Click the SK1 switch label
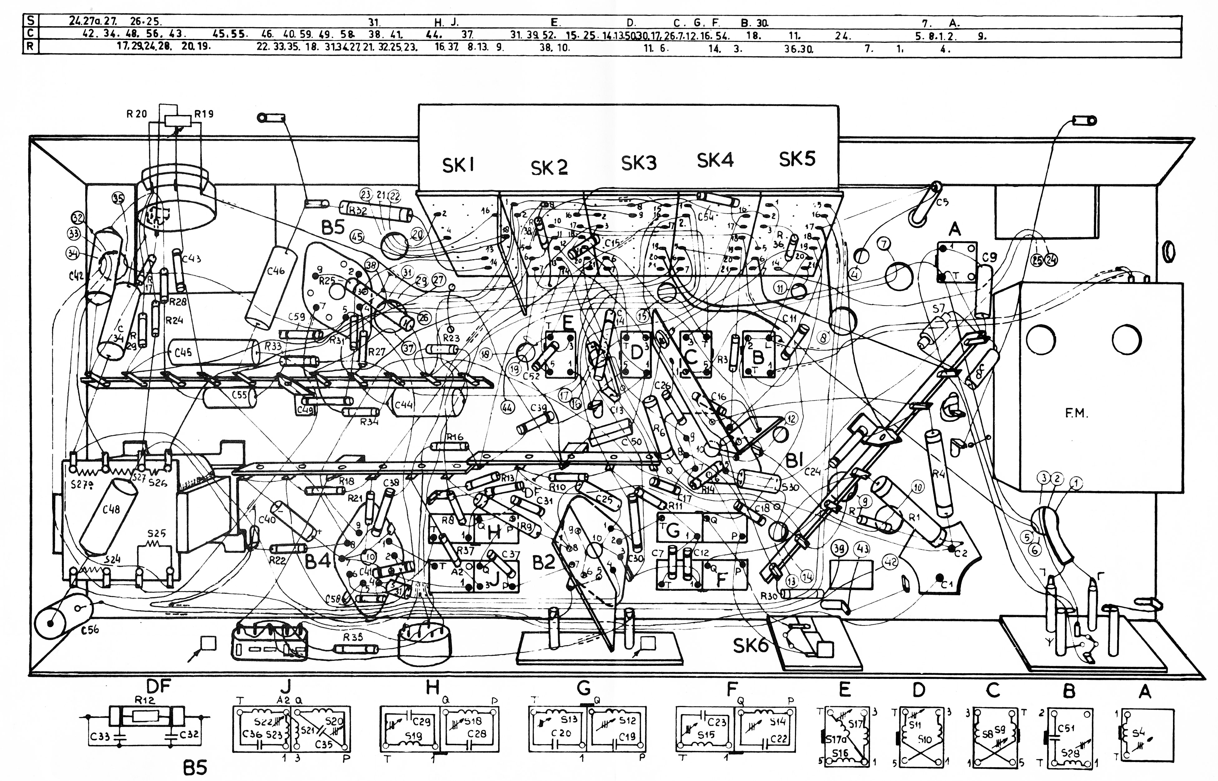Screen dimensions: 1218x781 [458, 165]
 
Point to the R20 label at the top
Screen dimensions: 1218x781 [137, 114]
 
